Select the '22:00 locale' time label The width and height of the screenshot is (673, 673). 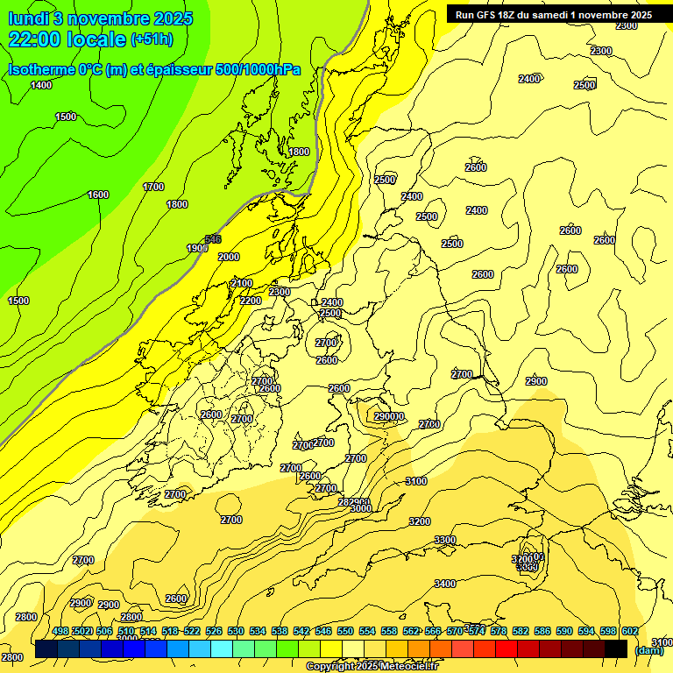(67, 39)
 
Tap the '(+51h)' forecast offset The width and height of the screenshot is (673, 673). (151, 39)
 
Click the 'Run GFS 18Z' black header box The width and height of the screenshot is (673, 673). (553, 14)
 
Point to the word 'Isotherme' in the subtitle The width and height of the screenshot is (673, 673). (39, 69)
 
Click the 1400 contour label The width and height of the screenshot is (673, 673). (41, 85)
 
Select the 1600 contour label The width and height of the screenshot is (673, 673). (98, 195)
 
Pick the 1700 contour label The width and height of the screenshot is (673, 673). (153, 187)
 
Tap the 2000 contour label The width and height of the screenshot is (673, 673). (228, 257)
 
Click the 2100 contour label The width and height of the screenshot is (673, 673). (242, 284)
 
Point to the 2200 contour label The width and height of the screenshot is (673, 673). (251, 301)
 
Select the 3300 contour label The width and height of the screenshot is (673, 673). (445, 540)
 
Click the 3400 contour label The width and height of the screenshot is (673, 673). (445, 584)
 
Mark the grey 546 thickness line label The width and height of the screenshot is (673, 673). (212, 238)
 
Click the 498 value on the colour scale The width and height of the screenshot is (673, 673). (60, 631)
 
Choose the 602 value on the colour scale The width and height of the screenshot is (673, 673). (630, 631)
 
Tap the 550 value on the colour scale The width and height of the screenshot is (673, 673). (345, 631)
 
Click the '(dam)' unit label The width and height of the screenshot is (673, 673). (649, 650)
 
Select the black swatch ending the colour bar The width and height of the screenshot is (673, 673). (616, 648)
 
